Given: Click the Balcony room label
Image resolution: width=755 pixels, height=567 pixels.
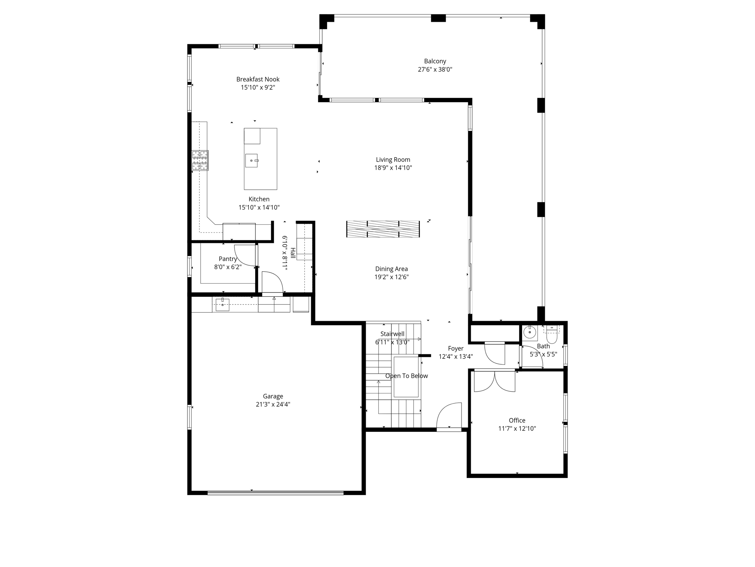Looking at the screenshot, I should click(435, 61).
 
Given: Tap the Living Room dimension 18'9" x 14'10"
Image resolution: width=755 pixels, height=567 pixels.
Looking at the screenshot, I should click(393, 168).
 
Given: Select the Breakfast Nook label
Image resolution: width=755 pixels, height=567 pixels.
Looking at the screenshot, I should click(258, 79).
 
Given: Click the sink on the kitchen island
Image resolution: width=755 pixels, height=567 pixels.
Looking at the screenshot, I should click(252, 161).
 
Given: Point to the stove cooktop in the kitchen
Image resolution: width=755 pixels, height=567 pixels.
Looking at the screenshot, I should click(200, 160).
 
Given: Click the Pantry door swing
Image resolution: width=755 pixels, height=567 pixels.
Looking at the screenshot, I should click(245, 255).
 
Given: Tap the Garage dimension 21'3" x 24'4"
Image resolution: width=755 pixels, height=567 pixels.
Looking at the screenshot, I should click(273, 405).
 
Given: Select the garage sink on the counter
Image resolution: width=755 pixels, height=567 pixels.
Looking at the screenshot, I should click(222, 305).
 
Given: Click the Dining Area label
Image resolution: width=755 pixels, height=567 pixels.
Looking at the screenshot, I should click(392, 269).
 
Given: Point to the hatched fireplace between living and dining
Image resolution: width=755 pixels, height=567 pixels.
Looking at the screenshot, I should click(383, 229).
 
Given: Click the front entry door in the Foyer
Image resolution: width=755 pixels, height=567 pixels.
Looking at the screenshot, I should click(449, 416).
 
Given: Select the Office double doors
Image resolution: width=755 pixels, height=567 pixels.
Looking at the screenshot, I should click(494, 381).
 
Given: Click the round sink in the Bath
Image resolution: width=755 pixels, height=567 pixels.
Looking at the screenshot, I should click(530, 332).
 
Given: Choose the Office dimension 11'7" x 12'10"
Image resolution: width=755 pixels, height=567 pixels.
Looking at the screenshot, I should click(517, 429).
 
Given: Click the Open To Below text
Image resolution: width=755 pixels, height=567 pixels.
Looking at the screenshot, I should click(406, 376).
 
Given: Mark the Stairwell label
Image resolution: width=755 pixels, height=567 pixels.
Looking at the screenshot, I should click(392, 334).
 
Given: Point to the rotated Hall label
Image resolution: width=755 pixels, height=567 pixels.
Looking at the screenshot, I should click(293, 253).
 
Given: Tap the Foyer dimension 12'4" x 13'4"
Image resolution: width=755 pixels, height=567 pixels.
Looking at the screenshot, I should click(456, 357).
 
